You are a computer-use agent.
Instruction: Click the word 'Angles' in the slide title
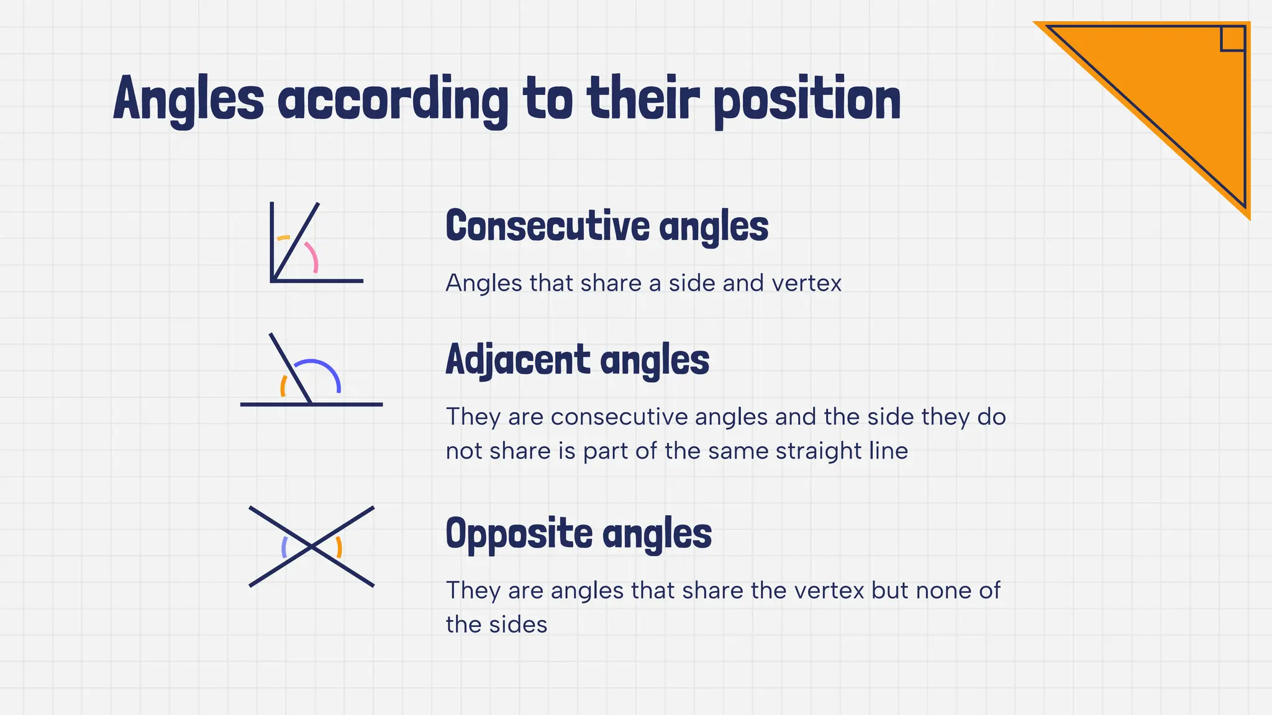(189, 99)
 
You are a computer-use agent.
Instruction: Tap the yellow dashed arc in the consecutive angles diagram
(283, 238)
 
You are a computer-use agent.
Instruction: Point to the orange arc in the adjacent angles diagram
(283, 386)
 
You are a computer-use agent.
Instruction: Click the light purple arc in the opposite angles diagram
(284, 547)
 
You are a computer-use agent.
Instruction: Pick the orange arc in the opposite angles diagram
(339, 547)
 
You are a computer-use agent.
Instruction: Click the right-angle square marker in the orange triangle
(1233, 38)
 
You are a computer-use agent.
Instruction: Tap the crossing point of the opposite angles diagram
(312, 547)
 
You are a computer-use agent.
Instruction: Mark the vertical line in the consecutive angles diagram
(271, 241)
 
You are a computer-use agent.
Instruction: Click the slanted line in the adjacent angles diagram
(290, 369)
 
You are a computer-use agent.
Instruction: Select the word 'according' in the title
(393, 99)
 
